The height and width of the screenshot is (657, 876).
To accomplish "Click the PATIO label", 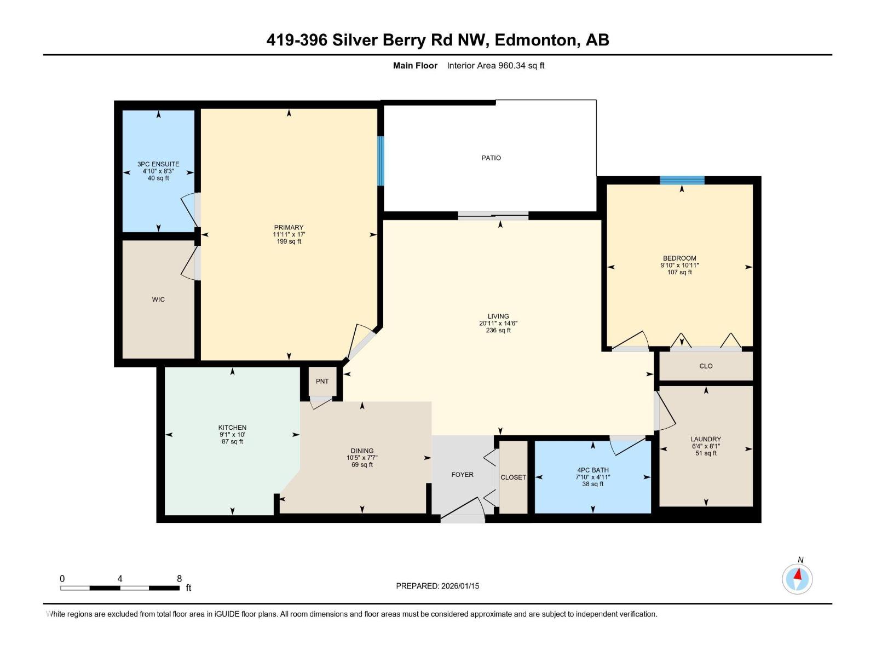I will point(491,158).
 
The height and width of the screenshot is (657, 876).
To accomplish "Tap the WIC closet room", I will point(158,299).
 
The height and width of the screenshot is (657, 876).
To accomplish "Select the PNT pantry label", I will point(322,381).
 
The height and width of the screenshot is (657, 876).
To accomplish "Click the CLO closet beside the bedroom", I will point(706,366).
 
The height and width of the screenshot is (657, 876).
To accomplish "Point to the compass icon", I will point(797,579).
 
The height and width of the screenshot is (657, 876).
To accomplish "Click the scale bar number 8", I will point(179,579).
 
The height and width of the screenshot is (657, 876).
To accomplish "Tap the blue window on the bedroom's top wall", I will point(682,180).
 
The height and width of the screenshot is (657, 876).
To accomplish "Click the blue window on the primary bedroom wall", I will point(381,160).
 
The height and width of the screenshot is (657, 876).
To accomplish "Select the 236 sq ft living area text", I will point(498,331).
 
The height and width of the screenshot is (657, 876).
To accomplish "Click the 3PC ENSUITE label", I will point(158,164).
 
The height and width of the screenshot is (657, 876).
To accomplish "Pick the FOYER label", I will point(462,475).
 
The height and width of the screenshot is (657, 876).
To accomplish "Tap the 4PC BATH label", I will point(592,470).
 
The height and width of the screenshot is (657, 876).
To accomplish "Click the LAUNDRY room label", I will point(705,439).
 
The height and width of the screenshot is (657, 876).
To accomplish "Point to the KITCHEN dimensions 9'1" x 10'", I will point(232,435).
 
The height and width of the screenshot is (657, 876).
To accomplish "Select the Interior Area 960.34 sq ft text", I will point(495,66).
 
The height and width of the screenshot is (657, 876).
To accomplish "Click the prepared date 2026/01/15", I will point(459,586).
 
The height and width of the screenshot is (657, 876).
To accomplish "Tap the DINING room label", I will point(362,451).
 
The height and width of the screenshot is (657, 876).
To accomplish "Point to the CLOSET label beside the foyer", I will point(513,477).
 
